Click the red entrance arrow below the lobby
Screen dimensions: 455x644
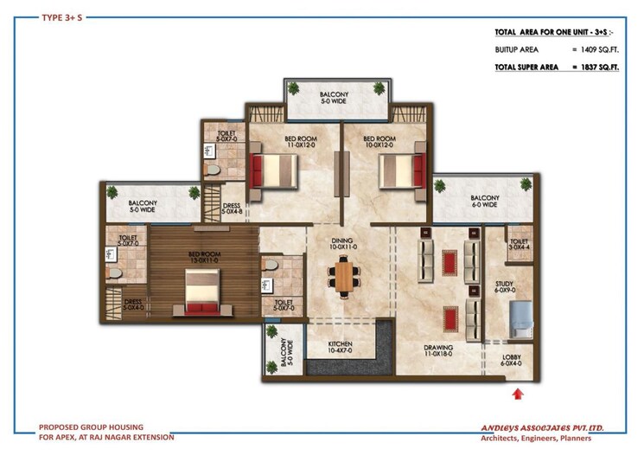click(x=519, y=394)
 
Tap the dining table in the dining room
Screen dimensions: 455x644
click(x=343, y=277)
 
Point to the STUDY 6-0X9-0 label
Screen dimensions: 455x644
click(x=504, y=287)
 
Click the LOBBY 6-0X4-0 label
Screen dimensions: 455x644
click(x=513, y=360)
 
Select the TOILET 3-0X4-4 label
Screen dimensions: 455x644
click(x=519, y=246)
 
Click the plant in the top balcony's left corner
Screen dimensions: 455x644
click(x=294, y=88)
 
